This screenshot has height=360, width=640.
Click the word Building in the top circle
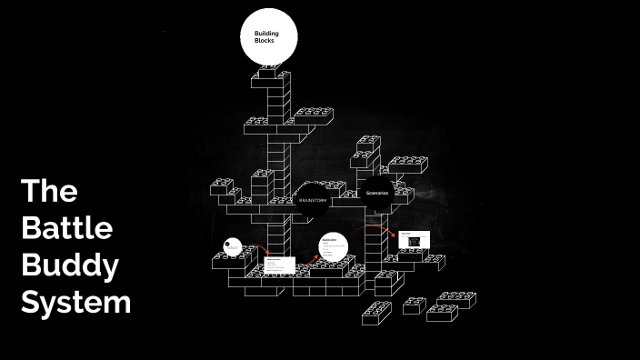coord(265,34)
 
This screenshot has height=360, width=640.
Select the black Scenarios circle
coord(376,194)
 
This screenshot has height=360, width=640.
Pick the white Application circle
coord(334,246)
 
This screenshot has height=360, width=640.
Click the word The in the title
coord(49,192)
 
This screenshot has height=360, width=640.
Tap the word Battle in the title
coord(66,228)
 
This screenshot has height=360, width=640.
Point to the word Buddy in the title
coord(70,265)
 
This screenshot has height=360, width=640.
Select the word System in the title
coord(76,301)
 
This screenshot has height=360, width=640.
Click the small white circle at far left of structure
coord(233,246)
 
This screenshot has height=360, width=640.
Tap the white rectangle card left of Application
coord(279,265)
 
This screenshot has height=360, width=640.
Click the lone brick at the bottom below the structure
coord(376,313)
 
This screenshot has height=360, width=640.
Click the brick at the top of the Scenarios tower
coord(368,144)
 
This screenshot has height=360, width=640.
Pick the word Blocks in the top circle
coord(264,42)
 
